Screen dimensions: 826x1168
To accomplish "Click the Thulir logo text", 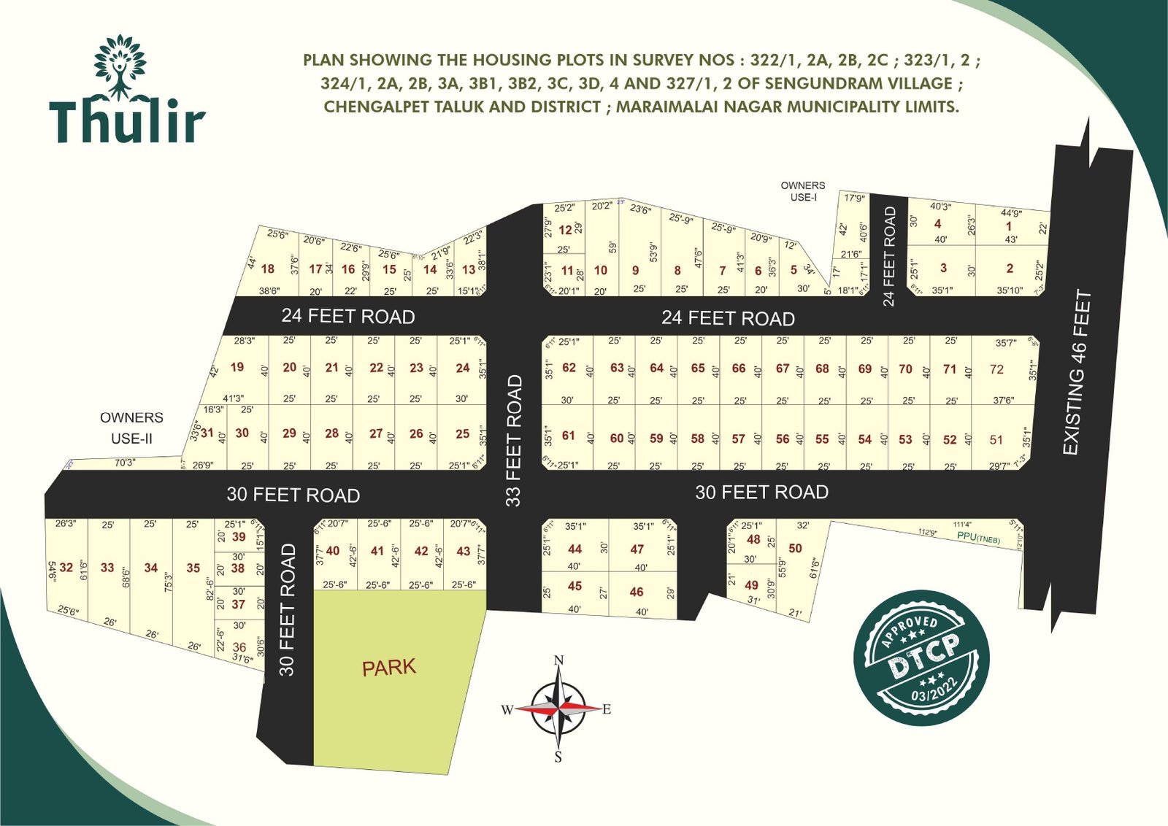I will (127, 121).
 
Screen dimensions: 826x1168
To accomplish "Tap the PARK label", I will (388, 667).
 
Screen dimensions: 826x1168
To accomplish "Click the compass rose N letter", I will (558, 660).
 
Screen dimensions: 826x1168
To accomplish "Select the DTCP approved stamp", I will (921, 657).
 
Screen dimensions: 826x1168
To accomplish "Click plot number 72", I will (996, 369).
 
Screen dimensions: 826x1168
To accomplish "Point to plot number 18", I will (268, 269).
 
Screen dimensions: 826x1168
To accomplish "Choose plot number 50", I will (795, 548).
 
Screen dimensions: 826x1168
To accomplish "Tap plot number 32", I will (66, 568).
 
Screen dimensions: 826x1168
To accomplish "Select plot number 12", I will (565, 230).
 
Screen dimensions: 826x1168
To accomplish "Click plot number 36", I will (239, 647).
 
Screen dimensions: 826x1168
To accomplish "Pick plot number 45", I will (575, 586).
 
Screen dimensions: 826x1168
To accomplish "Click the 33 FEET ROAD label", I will (514, 441).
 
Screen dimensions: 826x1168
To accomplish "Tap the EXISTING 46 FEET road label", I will (1077, 373).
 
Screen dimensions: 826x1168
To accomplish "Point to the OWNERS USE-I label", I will (802, 191).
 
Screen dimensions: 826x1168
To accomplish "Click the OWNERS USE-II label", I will (131, 428).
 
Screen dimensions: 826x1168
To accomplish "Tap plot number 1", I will (1009, 226).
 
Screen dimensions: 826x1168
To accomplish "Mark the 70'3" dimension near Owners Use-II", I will (124, 462).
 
